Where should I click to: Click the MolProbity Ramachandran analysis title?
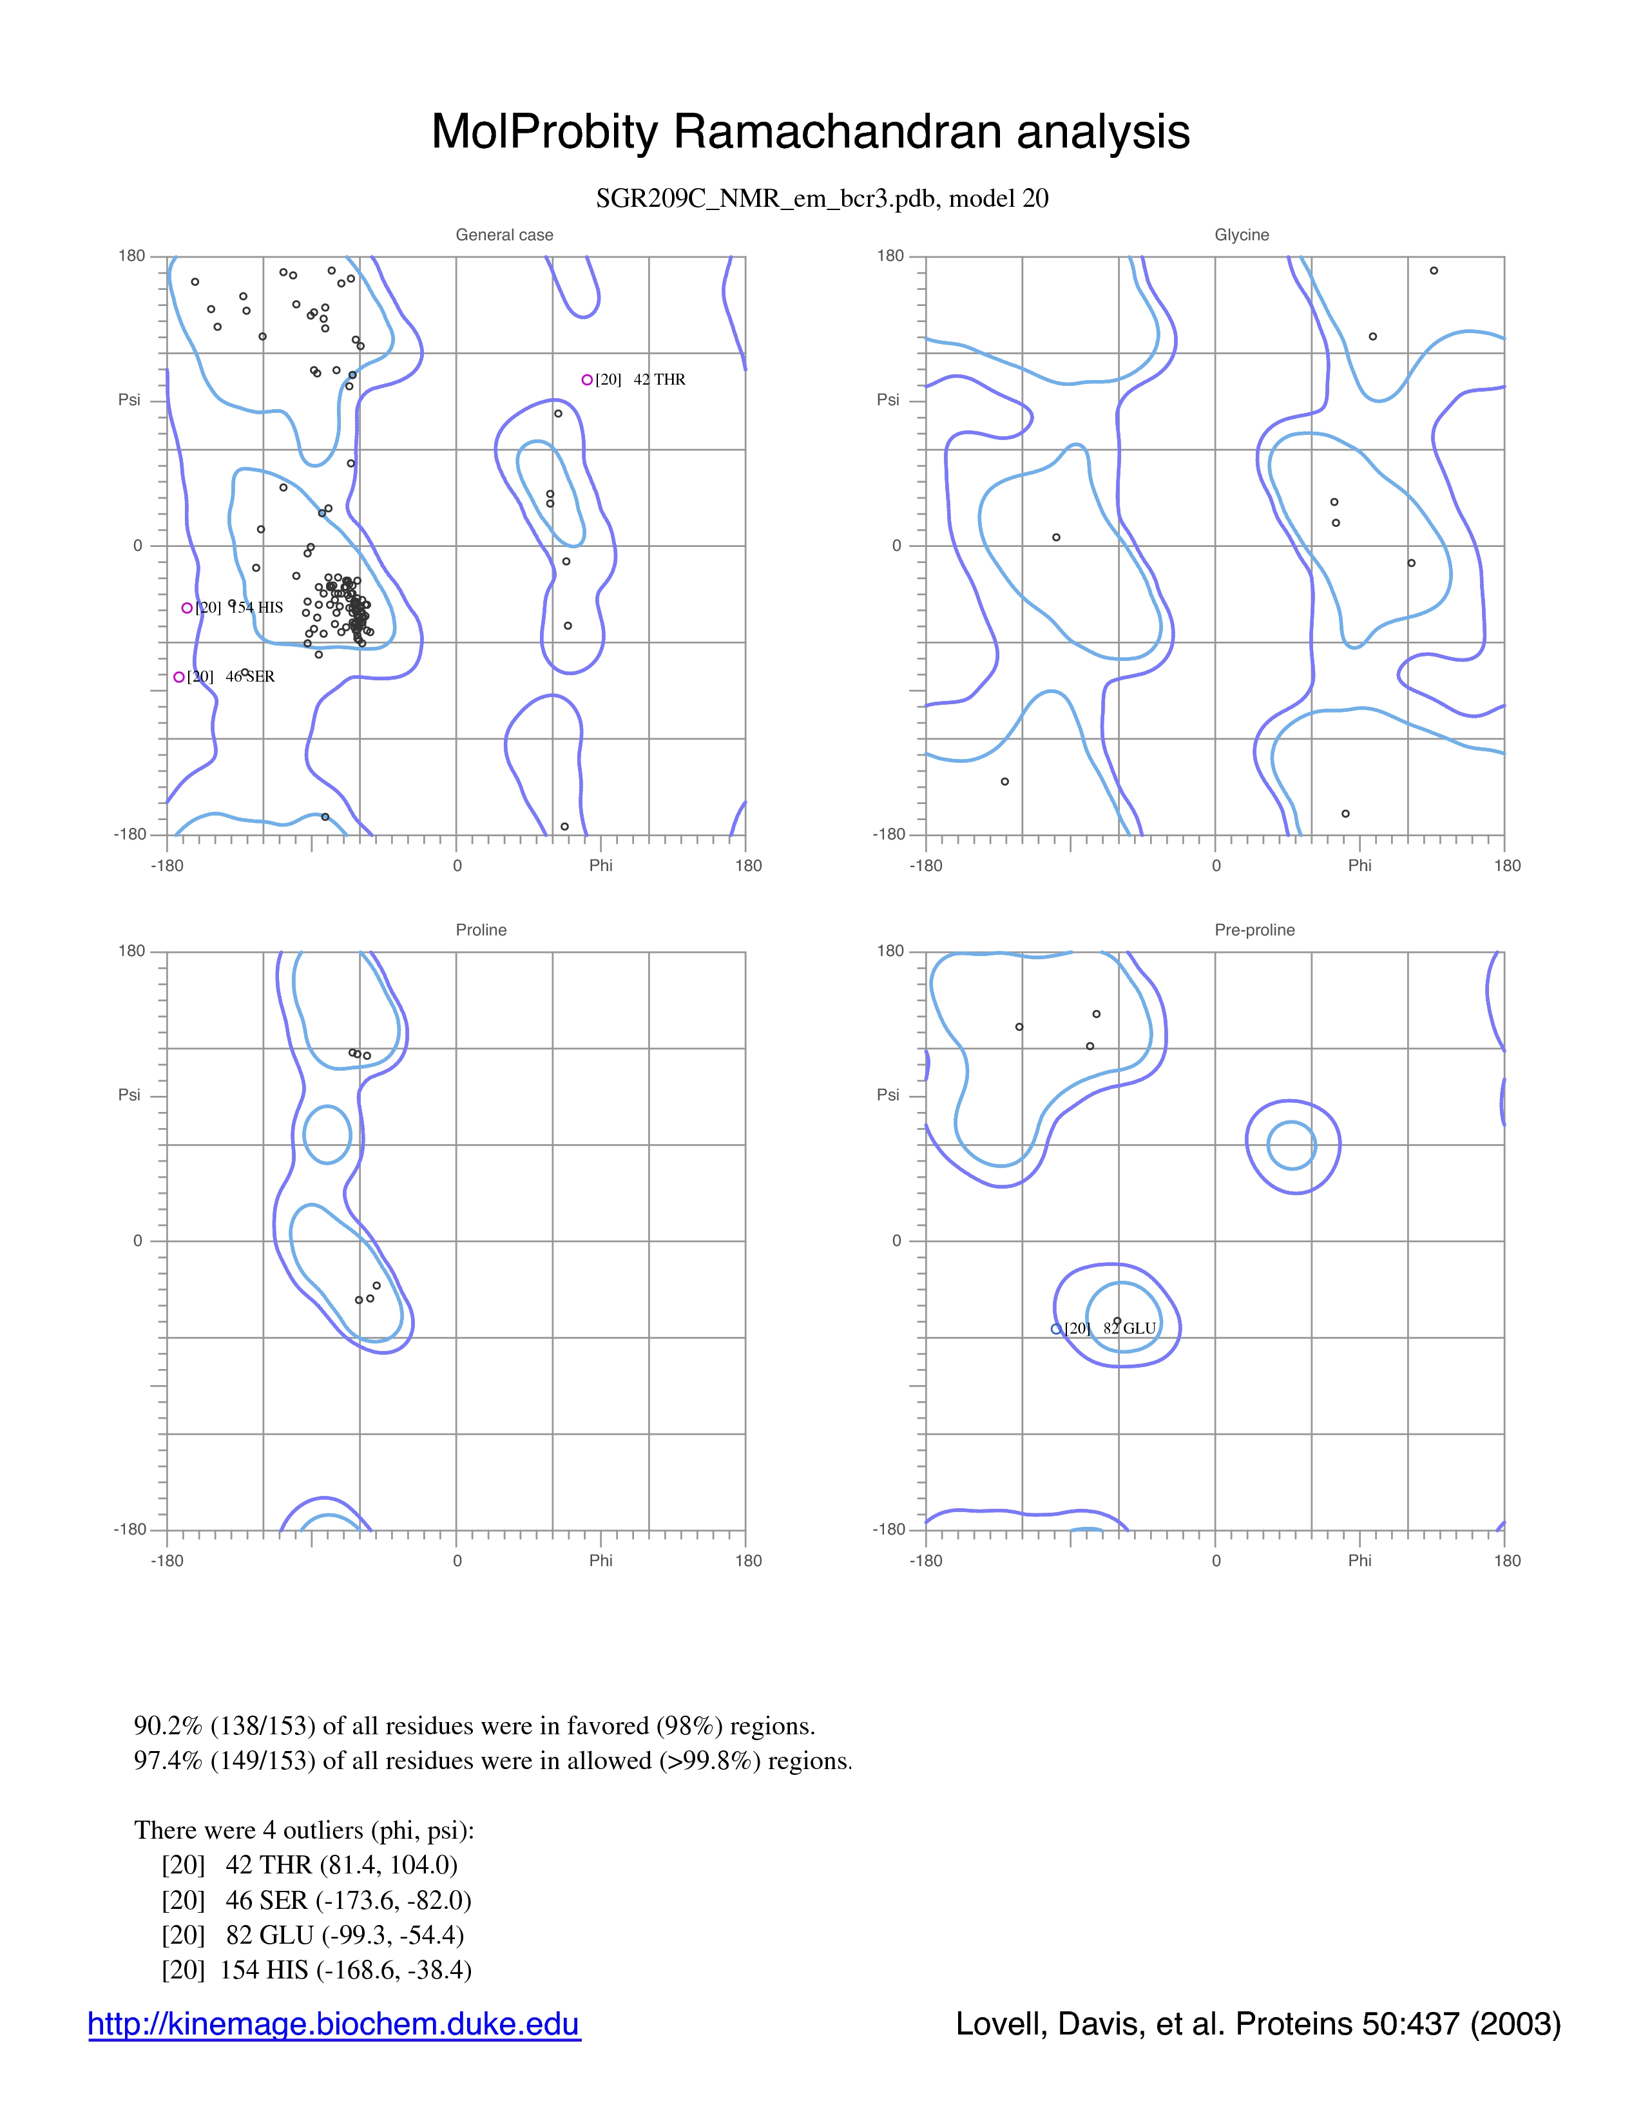click(x=810, y=131)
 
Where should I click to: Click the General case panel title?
click(x=504, y=235)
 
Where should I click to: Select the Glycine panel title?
click(x=1241, y=235)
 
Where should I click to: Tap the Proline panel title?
click(x=481, y=930)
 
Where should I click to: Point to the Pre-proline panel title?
click(x=1254, y=930)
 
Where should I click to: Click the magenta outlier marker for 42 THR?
click(x=587, y=379)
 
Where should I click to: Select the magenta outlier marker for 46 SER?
click(x=179, y=676)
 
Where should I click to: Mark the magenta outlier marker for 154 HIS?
click(x=187, y=608)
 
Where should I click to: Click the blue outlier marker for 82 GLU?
click(x=1056, y=1328)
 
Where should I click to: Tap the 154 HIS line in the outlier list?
click(x=316, y=1969)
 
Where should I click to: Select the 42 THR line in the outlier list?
click(x=309, y=1864)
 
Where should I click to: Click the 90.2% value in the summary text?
click(x=168, y=1726)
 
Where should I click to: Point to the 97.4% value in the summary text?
click(x=168, y=1760)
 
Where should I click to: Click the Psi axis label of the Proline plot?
click(x=130, y=1095)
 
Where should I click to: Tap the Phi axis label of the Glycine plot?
click(x=1360, y=865)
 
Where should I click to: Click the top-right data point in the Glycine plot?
click(x=1434, y=271)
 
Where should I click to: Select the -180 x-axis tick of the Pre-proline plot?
click(x=926, y=1560)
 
